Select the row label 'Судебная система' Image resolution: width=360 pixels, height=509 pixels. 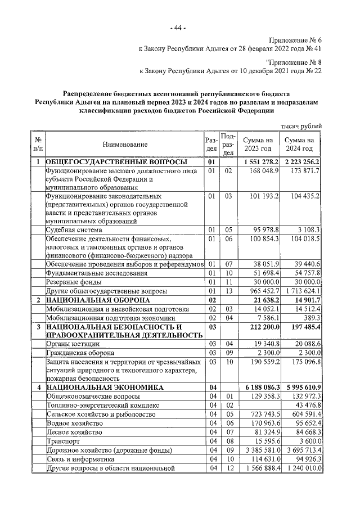coord(74,229)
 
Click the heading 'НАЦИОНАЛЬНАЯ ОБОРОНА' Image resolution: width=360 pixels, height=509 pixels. coord(97,300)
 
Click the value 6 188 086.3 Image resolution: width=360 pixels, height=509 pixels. coord(259,388)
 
